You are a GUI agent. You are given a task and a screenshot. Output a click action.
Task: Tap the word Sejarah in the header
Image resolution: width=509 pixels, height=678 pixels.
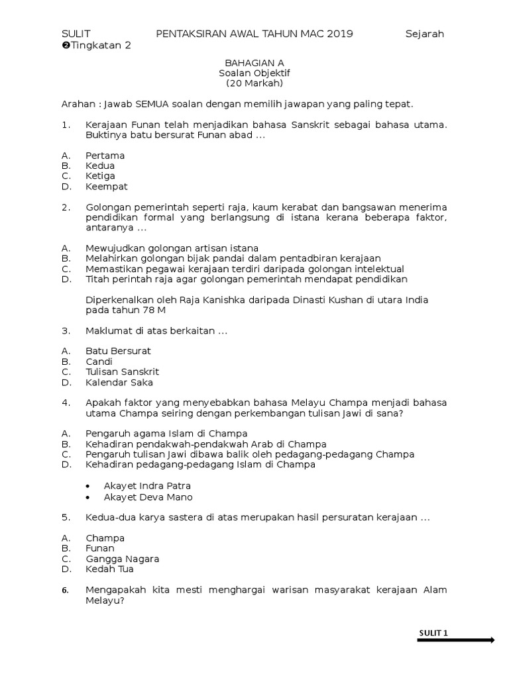tap(424, 34)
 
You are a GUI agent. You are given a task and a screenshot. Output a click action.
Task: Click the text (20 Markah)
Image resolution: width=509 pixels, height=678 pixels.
tap(254, 83)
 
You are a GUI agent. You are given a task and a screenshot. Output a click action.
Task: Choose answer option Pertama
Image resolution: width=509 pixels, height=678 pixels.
tap(105, 156)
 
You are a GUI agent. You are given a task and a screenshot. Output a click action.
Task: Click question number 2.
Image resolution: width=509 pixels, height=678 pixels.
tap(66, 207)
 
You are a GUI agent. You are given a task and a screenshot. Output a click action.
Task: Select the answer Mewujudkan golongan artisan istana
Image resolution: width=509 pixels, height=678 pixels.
tap(172, 248)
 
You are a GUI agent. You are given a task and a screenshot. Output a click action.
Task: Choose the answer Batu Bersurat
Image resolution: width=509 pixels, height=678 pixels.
tap(118, 351)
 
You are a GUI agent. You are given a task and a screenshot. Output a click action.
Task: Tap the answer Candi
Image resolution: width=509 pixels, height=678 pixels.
tap(99, 362)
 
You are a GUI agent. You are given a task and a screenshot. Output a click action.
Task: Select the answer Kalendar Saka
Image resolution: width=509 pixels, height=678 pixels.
tap(119, 382)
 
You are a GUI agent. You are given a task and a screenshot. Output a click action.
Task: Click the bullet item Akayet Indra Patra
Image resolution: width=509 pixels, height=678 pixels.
tap(147, 485)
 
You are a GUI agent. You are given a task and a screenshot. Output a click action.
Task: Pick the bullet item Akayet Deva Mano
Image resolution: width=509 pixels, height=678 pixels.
tap(148, 497)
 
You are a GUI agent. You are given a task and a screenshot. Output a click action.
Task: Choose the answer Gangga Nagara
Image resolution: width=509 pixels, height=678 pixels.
tap(122, 559)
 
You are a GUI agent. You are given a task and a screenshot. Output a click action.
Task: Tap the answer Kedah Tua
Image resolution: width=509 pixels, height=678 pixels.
tap(109, 569)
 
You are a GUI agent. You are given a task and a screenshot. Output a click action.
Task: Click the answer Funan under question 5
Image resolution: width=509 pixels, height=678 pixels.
tap(99, 548)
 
